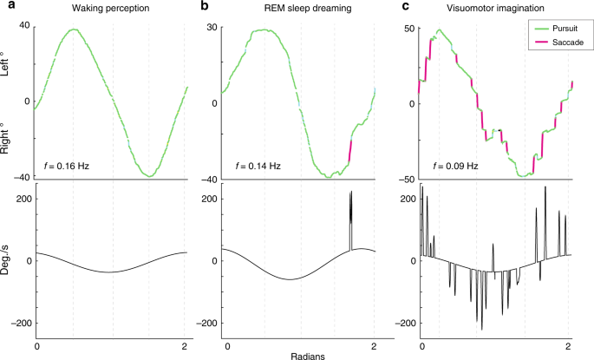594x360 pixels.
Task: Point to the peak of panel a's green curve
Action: click(75, 29)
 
